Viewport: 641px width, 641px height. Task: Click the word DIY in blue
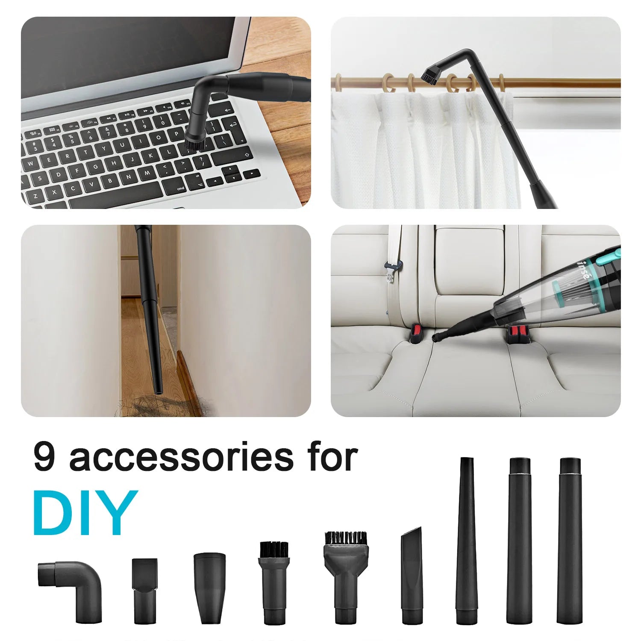(x=85, y=513)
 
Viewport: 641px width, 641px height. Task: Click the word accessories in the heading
(x=182, y=458)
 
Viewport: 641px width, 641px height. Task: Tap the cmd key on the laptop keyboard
(x=180, y=188)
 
